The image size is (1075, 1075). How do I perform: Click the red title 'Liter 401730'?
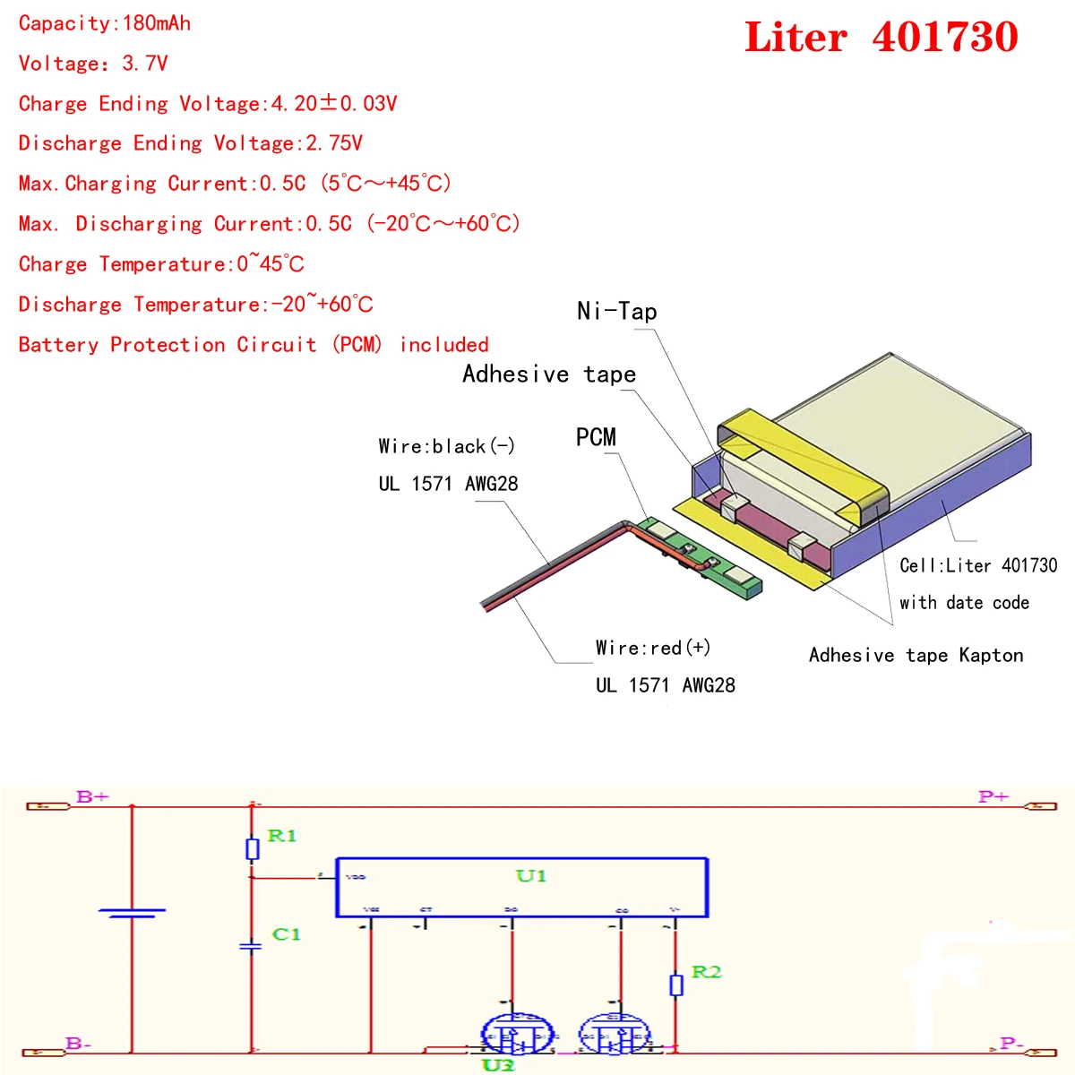[x=881, y=38]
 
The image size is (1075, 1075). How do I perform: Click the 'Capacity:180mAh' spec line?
[x=105, y=23]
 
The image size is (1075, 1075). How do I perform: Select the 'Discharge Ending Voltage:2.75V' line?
[x=190, y=143]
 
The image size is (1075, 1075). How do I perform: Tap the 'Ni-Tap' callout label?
[x=617, y=312]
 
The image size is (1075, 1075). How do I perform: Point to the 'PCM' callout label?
[x=596, y=437]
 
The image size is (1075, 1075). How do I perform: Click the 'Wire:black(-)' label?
[x=446, y=446]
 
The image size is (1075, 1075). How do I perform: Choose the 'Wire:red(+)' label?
[x=653, y=648]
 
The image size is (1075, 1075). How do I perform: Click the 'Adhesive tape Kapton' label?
[x=916, y=656]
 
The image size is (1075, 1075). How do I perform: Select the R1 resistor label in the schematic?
[x=282, y=836]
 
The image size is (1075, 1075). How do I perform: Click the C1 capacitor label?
[x=287, y=934]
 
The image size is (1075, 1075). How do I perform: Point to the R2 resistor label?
[x=706, y=972]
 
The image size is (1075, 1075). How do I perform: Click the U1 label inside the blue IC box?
[x=531, y=876]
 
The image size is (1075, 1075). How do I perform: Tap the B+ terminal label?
[x=92, y=796]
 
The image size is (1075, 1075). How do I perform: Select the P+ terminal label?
[x=993, y=796]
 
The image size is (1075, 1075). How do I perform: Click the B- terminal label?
[x=79, y=1044]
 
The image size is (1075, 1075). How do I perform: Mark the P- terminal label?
[x=1011, y=1044]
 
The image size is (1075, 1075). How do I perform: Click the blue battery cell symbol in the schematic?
[x=132, y=913]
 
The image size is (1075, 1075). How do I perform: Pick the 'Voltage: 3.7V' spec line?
[x=93, y=64]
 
